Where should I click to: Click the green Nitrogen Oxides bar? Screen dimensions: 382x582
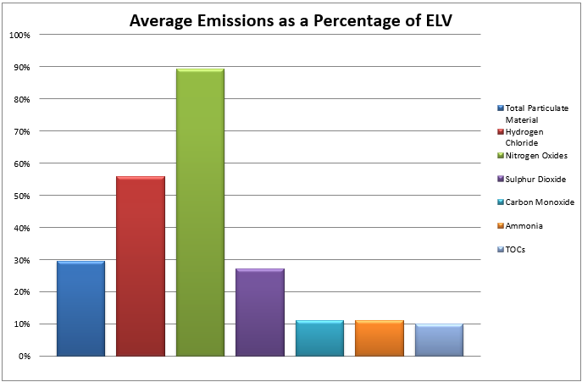200,212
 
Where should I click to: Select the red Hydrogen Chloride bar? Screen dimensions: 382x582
141,266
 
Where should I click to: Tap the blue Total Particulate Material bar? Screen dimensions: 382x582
80,308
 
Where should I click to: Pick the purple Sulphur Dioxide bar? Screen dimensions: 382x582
259,313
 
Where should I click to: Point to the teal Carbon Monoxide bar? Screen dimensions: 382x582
319,338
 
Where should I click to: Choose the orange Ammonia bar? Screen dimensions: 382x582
379,338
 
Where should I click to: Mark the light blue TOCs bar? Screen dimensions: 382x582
439,340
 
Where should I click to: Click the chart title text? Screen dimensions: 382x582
291,20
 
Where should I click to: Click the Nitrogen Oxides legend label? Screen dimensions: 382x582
535,156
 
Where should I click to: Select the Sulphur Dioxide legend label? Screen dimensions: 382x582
535,180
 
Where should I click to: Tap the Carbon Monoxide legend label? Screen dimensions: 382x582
539,202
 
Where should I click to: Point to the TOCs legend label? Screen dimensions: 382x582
515,250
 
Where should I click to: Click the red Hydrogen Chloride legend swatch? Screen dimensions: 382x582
500,132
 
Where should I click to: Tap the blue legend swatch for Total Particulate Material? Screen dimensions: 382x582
500,108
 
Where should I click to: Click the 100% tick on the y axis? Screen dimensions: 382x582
19,35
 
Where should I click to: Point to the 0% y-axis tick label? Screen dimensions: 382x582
24,356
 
